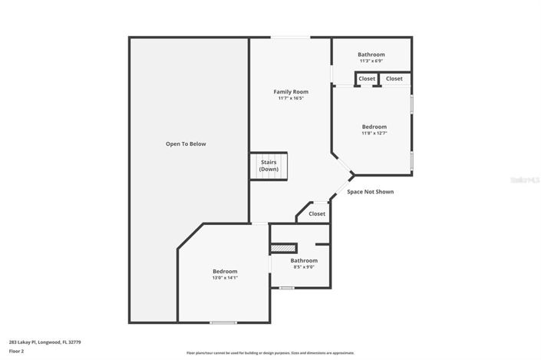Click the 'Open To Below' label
186,144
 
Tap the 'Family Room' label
291,91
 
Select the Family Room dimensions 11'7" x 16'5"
291,98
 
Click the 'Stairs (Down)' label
269,165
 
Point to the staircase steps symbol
260,166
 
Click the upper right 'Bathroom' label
371,54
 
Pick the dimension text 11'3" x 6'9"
371,61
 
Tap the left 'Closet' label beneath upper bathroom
367,78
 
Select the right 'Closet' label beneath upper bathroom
394,78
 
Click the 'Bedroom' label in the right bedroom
374,127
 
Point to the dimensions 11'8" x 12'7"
374,133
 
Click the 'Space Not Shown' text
370,191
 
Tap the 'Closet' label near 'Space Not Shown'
317,213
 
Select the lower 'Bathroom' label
304,260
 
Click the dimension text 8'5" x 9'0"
304,267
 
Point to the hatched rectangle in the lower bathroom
283,248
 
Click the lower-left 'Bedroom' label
225,271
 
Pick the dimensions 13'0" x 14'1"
225,278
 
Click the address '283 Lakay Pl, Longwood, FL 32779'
45,342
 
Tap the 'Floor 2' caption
16,351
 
